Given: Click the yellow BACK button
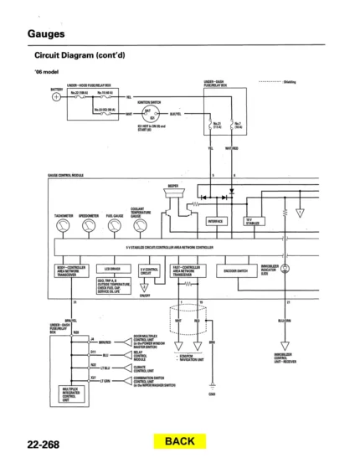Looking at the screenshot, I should pos(179,440).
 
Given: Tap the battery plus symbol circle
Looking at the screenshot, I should pos(55,96).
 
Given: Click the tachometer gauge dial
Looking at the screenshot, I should pos(64,227).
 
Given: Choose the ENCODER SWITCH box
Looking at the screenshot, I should pos(235,270).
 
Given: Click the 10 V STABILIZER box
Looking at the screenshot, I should pos(252,222).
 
